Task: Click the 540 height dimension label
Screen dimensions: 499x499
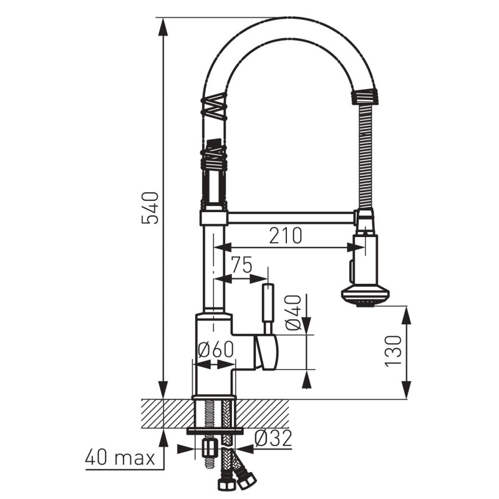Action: [150, 208]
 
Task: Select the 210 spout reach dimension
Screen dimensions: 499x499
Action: [286, 236]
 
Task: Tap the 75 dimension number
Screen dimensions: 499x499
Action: [241, 264]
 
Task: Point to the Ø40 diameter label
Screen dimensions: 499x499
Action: [293, 312]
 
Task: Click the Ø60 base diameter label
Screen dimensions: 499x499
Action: [216, 350]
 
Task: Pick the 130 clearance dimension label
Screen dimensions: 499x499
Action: [394, 351]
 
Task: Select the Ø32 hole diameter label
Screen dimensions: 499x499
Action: [273, 438]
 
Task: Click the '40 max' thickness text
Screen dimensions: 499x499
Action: [120, 458]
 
